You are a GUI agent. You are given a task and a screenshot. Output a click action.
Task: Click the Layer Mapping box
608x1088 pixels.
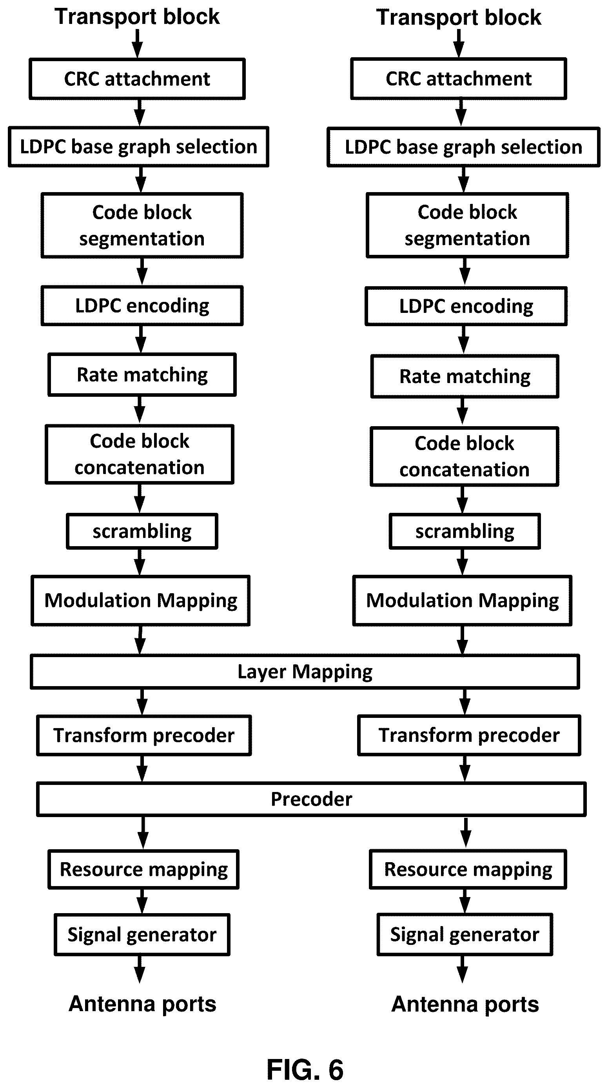tap(305, 671)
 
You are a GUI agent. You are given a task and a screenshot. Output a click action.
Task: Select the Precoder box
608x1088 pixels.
tap(311, 799)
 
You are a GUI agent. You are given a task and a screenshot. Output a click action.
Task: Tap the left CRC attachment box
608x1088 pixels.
tap(137, 79)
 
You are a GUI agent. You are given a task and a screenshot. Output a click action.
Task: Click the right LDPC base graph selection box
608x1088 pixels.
tap(464, 147)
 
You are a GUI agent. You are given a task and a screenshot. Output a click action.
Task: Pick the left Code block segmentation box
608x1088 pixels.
tap(142, 225)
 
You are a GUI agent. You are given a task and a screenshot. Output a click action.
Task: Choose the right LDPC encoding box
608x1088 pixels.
tap(466, 306)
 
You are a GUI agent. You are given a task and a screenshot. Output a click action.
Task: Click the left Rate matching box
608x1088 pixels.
tap(142, 375)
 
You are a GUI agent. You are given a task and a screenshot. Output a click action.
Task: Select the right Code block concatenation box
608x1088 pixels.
tap(465, 457)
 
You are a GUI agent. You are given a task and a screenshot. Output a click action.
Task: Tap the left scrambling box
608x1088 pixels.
tap(142, 531)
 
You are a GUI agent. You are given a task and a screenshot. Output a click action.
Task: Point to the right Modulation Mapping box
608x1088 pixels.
tap(462, 600)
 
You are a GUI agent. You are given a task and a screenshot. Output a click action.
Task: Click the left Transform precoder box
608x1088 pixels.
tap(144, 735)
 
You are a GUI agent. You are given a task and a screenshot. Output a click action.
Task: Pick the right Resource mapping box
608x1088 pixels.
tap(468, 869)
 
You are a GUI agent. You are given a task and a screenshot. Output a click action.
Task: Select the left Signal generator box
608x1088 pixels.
tap(142, 935)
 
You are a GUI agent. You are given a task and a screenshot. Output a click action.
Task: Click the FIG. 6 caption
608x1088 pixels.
tap(305, 1070)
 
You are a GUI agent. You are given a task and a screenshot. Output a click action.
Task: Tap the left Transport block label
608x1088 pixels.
tap(137, 17)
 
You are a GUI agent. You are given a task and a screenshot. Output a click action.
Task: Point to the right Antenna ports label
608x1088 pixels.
tap(465, 1004)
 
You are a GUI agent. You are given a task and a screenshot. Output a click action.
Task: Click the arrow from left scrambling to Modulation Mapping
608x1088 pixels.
tap(140, 562)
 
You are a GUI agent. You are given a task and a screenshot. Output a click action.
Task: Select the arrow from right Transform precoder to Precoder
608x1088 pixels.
tap(465, 769)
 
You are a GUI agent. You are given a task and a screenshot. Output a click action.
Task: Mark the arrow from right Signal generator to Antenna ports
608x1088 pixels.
tap(463, 969)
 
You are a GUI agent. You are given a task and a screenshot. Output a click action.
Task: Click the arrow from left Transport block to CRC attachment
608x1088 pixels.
tap(138, 44)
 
